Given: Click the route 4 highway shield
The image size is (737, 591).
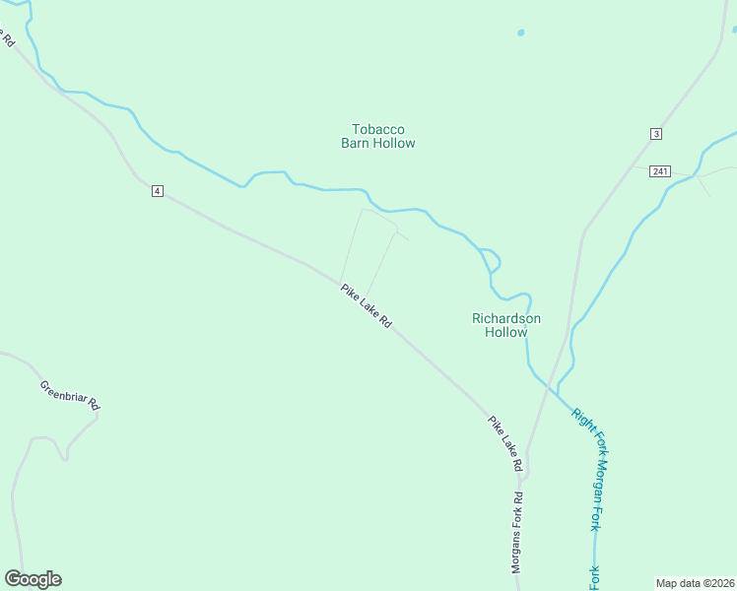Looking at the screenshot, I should pos(157,190).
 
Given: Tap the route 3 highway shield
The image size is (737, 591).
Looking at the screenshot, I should pos(655,134).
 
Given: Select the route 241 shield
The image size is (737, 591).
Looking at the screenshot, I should pos(660,171).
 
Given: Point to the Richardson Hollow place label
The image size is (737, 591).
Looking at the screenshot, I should pos(506,325).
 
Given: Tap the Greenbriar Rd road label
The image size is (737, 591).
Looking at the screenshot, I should pos(70,394).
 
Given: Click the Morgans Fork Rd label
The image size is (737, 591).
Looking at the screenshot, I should pos(516,532).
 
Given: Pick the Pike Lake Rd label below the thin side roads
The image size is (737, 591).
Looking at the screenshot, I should pos(367,306).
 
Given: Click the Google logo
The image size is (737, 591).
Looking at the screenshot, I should pos(33,579).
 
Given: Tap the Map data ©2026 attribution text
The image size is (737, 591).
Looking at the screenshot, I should pos(695,582).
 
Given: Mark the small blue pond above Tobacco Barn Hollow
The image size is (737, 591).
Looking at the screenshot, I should pos(520,33).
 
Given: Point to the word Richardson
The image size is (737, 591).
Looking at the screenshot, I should pos(506,318).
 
